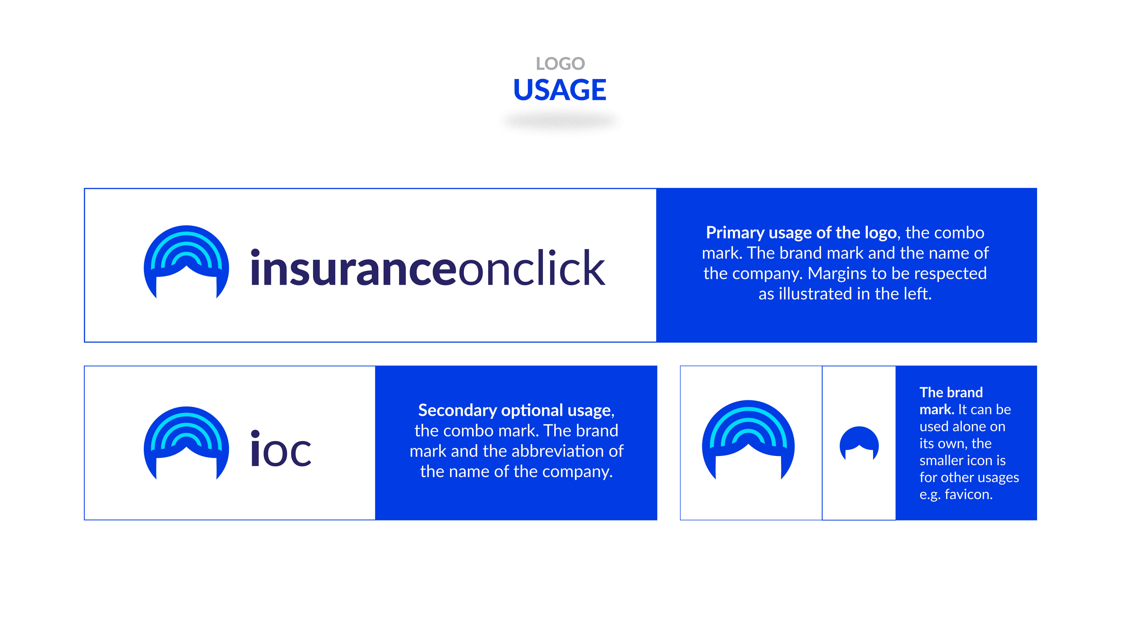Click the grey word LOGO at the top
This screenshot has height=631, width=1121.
point(560,64)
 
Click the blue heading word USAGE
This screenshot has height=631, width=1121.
point(560,90)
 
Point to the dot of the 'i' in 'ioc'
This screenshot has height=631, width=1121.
point(255,434)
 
